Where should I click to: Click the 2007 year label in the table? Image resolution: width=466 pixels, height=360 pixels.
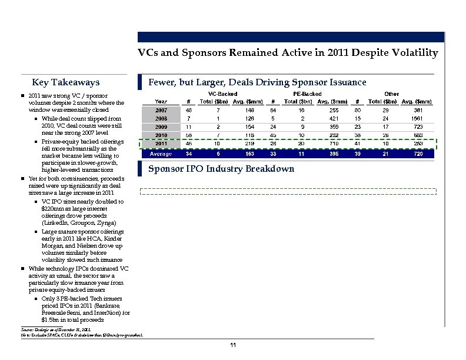[x=161, y=109]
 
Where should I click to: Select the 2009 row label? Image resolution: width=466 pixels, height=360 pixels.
[x=161, y=126]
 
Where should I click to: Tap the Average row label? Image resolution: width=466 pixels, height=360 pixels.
[x=161, y=154]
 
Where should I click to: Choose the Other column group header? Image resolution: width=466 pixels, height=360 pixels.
[x=391, y=94]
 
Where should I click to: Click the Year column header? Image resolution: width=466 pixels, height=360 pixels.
[x=161, y=101]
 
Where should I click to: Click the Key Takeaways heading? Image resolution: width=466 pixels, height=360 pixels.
[x=66, y=82]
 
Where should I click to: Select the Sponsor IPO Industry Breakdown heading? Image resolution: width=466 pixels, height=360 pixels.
[x=221, y=169]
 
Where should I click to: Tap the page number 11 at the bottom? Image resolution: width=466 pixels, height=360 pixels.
[x=234, y=344]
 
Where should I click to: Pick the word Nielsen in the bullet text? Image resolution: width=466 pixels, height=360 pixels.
[x=81, y=246]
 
